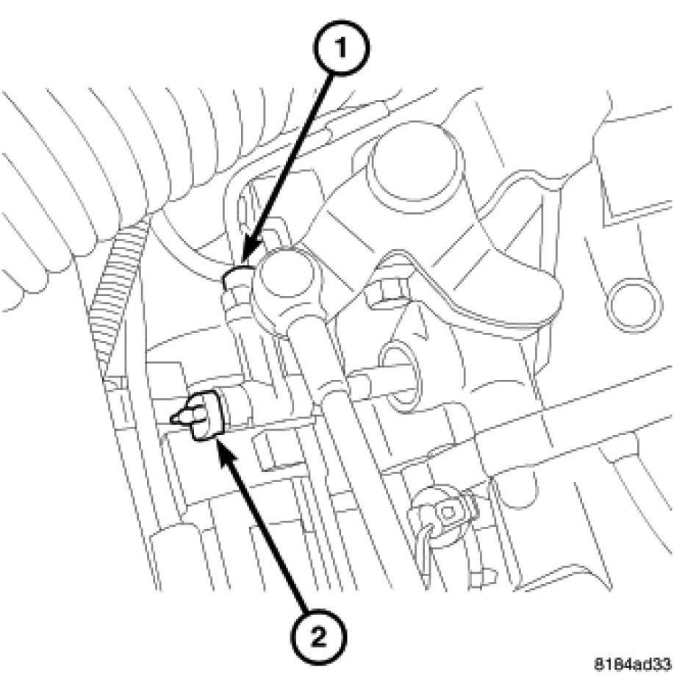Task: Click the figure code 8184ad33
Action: point(634,662)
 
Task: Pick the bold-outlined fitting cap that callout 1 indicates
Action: point(237,278)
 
